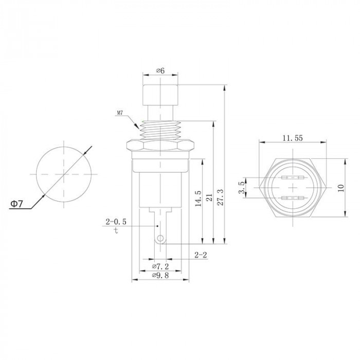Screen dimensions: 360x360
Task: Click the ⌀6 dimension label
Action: (x=160, y=70)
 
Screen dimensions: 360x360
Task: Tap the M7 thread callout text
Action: (x=120, y=113)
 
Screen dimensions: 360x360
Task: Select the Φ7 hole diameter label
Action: (x=17, y=204)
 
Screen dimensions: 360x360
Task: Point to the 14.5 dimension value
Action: (x=198, y=198)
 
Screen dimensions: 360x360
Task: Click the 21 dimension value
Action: (x=209, y=197)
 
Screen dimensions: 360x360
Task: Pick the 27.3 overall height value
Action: (x=220, y=197)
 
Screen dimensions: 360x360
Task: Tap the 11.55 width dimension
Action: (x=293, y=138)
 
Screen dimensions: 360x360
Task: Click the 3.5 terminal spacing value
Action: (x=242, y=187)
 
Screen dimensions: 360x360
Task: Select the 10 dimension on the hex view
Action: (x=341, y=188)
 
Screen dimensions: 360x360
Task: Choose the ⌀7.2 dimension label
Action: (x=160, y=266)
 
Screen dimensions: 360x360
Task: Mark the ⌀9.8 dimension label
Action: (x=160, y=275)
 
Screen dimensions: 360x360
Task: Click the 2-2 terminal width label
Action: (x=201, y=255)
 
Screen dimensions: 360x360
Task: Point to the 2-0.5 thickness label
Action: (x=116, y=222)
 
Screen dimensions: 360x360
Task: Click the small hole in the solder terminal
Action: (x=160, y=238)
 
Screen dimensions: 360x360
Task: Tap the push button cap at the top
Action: (x=160, y=95)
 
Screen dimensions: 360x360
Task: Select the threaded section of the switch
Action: (x=160, y=130)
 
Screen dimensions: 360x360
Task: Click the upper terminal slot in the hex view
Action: (x=293, y=177)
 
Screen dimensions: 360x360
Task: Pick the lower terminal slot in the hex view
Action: (x=293, y=198)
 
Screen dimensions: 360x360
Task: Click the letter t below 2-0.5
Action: (x=116, y=230)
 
